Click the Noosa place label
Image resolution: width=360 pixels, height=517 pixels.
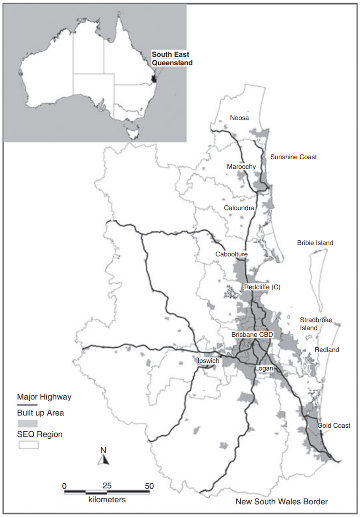coord(239,118)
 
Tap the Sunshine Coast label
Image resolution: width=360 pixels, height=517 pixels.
coord(293,157)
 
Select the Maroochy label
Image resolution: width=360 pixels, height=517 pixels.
coord(241,167)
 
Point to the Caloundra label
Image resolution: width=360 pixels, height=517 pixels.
coord(239,208)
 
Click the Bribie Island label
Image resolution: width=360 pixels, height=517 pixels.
coord(315,243)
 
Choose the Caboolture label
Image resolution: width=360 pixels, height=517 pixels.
coord(231,254)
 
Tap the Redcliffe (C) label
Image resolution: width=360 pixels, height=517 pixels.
coord(262,287)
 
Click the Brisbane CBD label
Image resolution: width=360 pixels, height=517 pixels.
coord(252,335)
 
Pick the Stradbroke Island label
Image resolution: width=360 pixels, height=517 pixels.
coord(315,324)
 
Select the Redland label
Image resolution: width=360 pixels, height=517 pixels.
coord(327,350)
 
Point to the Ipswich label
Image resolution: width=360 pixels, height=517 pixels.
coord(208,361)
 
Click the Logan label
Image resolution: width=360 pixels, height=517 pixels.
coord(264,368)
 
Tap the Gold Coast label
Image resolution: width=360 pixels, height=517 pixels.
coord(334,426)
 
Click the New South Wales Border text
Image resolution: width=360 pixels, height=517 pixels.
coord(281,501)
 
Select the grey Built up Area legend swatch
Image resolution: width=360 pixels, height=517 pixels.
coord(27,423)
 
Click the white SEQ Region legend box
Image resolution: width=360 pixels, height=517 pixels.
coord(27,445)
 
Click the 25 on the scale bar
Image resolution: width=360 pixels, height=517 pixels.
coord(107,485)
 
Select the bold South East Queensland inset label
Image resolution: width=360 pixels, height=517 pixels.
coord(172,59)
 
